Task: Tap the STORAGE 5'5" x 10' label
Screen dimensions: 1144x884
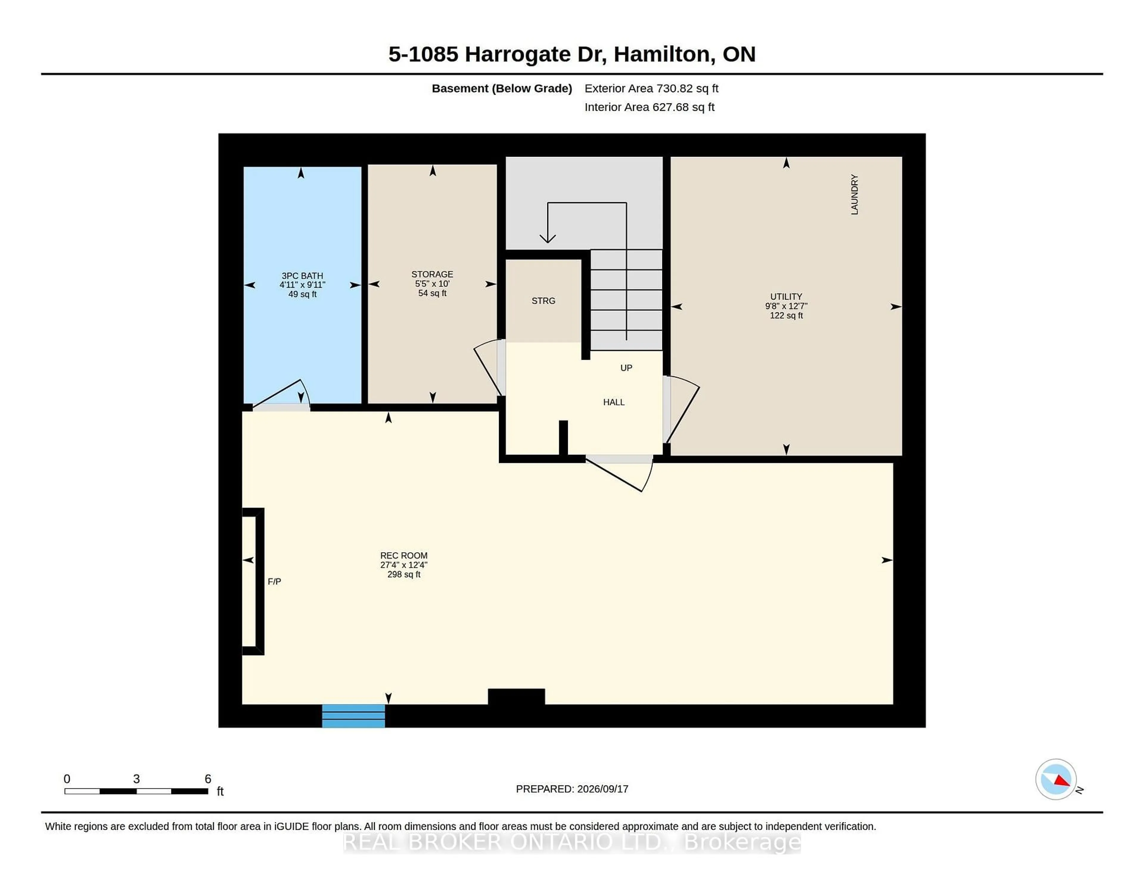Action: coord(432,283)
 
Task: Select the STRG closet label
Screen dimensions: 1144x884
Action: coord(543,301)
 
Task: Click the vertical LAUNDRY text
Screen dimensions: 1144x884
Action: coord(854,195)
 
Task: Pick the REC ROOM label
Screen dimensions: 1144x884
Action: coord(404,564)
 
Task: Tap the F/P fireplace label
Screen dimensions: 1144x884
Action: coord(274,581)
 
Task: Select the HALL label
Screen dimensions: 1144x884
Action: coord(614,402)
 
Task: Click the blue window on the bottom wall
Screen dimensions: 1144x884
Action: coord(354,716)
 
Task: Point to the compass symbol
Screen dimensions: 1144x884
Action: coord(1056,779)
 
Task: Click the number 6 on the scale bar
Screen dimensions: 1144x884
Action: coord(208,779)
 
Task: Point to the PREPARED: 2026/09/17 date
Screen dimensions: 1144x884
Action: coord(572,789)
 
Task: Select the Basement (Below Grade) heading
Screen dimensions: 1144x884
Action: coord(502,88)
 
